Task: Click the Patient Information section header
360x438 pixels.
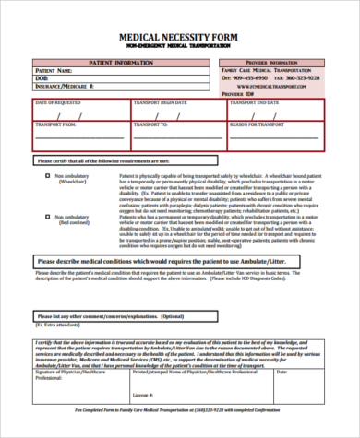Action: pos(121,61)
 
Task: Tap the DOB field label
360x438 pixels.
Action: pos(42,77)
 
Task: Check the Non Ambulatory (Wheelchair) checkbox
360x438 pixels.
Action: pos(46,173)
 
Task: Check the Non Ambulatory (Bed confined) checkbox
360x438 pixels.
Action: pos(46,216)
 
